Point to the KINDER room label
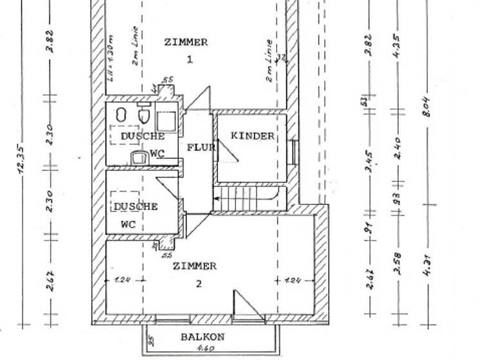click(x=252, y=137)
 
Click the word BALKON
click(x=202, y=337)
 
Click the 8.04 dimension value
click(x=426, y=110)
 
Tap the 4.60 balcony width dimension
click(x=206, y=349)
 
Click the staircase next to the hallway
click(x=247, y=201)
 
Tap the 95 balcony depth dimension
click(x=150, y=340)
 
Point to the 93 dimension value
click(x=398, y=197)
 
